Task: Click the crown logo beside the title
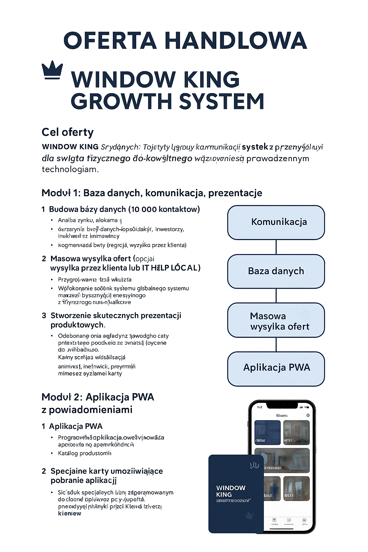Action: tap(52, 70)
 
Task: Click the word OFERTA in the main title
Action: tap(110, 40)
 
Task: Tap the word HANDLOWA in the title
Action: tap(236, 40)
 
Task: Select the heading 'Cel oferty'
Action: tap(68, 132)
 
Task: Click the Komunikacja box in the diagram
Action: tap(276, 222)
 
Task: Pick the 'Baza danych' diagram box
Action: tap(276, 271)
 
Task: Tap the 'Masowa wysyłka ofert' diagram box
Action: tap(276, 321)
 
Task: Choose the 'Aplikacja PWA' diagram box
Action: tap(276, 368)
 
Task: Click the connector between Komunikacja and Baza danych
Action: tap(276, 247)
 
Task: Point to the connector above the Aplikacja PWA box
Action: tap(276, 345)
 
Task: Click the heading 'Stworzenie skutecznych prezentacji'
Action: tap(116, 316)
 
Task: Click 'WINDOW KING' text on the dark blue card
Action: tap(230, 491)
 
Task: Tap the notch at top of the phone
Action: tap(282, 405)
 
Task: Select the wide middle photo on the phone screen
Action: tap(282, 460)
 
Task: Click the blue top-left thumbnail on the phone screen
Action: tap(267, 433)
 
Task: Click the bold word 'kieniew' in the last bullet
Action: tap(69, 513)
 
